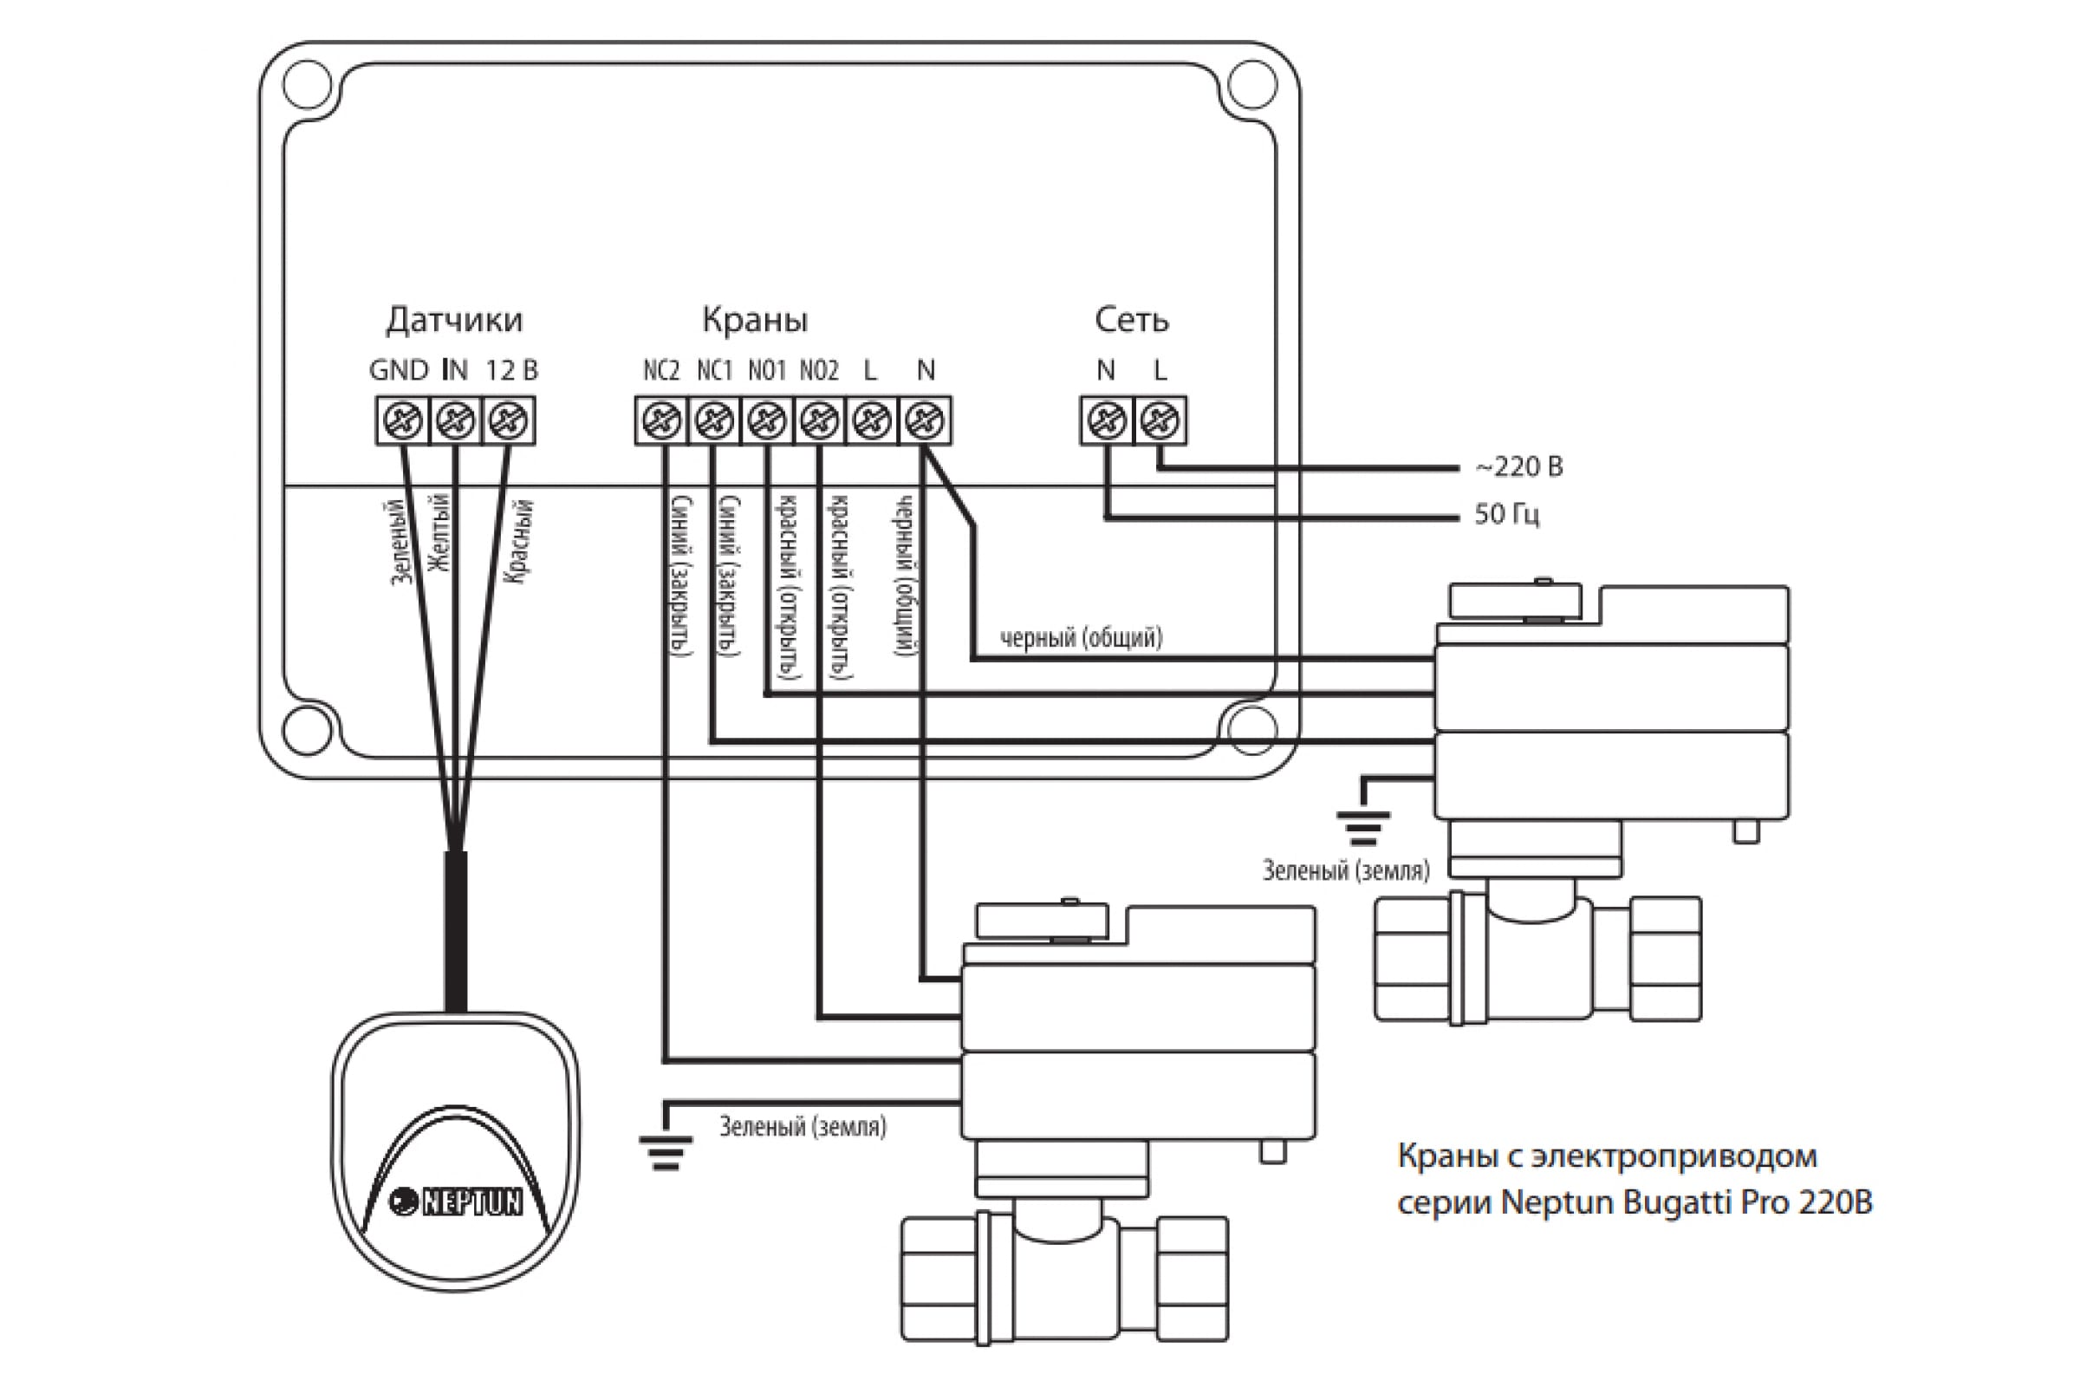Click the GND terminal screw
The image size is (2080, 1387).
[x=402, y=420]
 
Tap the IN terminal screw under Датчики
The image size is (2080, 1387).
[x=456, y=420]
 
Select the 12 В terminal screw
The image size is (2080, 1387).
[x=509, y=420]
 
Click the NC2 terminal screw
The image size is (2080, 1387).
[x=661, y=420]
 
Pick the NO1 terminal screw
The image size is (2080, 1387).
[x=767, y=420]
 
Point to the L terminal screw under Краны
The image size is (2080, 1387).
[x=872, y=420]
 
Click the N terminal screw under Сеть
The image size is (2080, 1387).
[x=1107, y=420]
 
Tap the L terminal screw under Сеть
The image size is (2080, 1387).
[x=1160, y=420]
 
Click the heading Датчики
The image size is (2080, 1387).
[x=454, y=320]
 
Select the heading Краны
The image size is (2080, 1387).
[x=755, y=319]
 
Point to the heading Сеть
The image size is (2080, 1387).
[x=1132, y=319]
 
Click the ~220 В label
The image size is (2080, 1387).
[x=1518, y=466]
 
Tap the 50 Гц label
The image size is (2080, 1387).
[x=1507, y=515]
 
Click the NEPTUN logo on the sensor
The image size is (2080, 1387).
[x=457, y=1201]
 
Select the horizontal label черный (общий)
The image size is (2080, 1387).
[x=1082, y=637]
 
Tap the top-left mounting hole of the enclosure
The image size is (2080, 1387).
[x=307, y=84]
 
